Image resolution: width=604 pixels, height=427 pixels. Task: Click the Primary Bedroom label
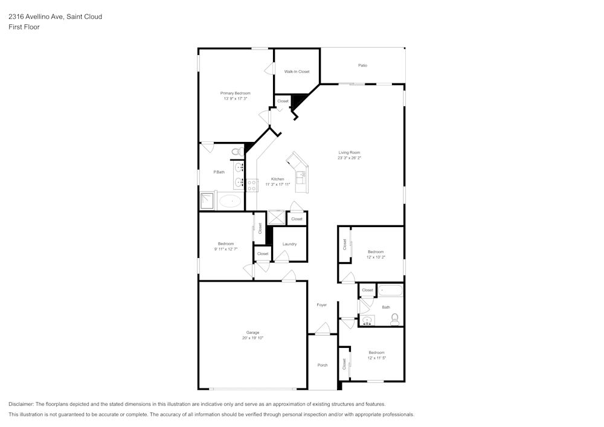tap(235, 93)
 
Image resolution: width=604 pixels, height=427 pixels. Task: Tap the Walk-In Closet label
tap(297, 71)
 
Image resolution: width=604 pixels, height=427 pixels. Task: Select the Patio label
tap(362, 65)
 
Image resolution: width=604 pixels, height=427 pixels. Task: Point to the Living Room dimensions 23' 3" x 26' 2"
tap(349, 158)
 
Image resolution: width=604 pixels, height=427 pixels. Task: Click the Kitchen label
tap(277, 179)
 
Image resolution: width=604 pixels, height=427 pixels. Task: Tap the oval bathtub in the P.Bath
tap(230, 201)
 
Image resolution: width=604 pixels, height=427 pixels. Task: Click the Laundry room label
tap(289, 244)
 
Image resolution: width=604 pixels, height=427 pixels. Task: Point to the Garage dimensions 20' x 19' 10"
tap(252, 338)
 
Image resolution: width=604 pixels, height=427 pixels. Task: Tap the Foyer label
tap(321, 305)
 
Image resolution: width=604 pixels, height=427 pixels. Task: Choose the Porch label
tap(323, 365)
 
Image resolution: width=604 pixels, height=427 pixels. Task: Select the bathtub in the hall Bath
tap(390, 291)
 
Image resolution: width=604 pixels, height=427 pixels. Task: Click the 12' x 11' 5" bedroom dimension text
tap(376, 358)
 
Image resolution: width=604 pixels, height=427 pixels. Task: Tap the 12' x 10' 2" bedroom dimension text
tap(376, 257)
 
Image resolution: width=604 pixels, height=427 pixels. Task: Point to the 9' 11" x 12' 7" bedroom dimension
tap(225, 249)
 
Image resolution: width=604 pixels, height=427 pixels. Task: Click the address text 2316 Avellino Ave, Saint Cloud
tap(55, 17)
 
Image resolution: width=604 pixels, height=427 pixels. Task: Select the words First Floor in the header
tap(24, 27)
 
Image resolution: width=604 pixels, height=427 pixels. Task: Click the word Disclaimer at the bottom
tap(21, 404)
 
